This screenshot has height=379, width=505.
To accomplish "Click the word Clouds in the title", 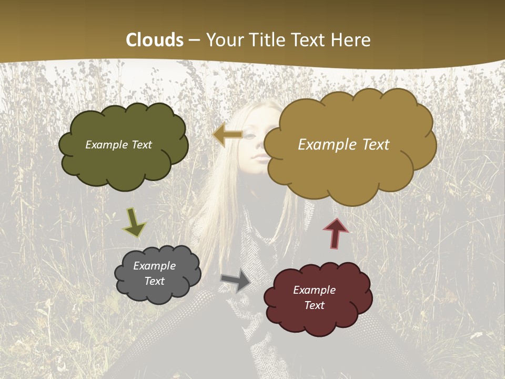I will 155,40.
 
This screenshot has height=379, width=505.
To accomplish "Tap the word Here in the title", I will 352,40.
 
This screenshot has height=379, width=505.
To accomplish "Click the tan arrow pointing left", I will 227,135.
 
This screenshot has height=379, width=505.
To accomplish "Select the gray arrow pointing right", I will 236,280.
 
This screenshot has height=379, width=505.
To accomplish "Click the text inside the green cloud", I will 118,145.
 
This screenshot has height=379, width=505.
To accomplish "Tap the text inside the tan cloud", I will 344,145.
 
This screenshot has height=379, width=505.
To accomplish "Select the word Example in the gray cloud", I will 154,266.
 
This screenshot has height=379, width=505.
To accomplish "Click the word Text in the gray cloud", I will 154,281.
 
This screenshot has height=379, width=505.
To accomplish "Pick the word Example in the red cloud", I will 314,290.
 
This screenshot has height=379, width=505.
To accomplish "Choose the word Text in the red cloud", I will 314,305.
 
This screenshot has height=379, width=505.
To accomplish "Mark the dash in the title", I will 194,41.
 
